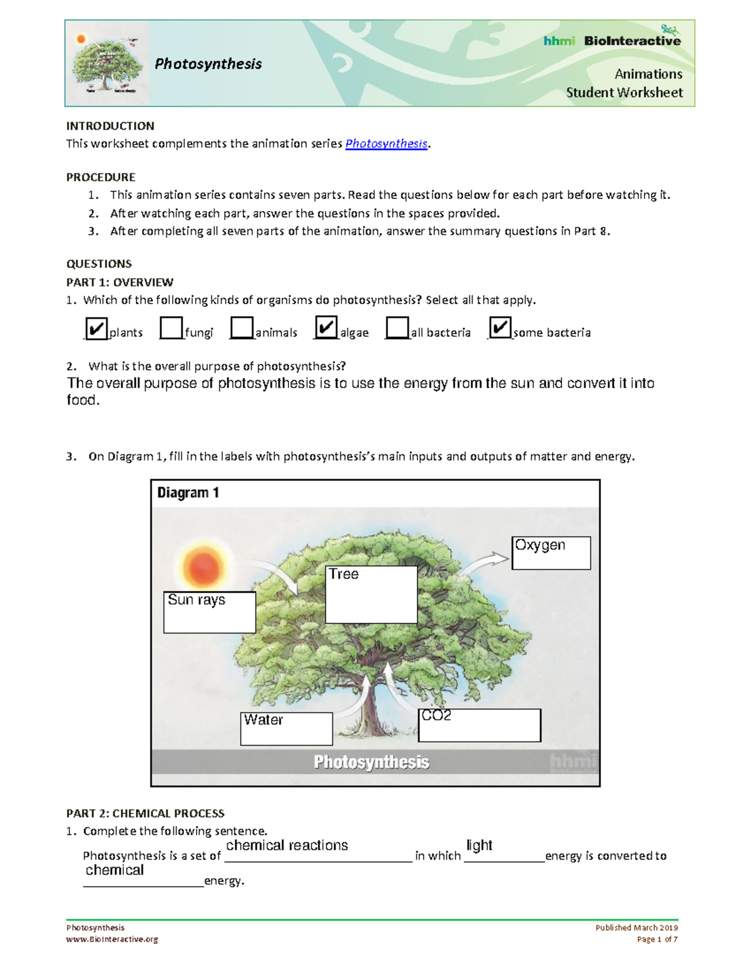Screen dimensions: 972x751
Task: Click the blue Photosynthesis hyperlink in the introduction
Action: pos(386,144)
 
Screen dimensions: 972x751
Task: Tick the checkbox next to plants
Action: pos(96,329)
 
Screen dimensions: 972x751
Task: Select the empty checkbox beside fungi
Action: pos(171,328)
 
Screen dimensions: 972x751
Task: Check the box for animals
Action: pos(242,328)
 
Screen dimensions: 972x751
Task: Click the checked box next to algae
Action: pos(326,327)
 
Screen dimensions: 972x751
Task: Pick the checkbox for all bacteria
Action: pos(397,328)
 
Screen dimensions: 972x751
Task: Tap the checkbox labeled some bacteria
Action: pos(500,327)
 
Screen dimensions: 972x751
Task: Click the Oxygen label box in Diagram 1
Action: pos(551,553)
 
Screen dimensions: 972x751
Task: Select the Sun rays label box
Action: pos(210,612)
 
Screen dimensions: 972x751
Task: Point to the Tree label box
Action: pos(371,595)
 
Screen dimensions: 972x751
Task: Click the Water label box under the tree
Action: pos(286,729)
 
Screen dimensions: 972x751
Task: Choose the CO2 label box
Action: pos(479,725)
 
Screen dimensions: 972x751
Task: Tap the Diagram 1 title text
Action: pos(188,493)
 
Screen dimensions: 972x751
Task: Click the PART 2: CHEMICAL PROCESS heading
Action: pos(145,814)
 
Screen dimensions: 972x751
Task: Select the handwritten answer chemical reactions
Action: pos(287,846)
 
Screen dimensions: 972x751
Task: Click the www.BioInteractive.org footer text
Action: pos(112,939)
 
